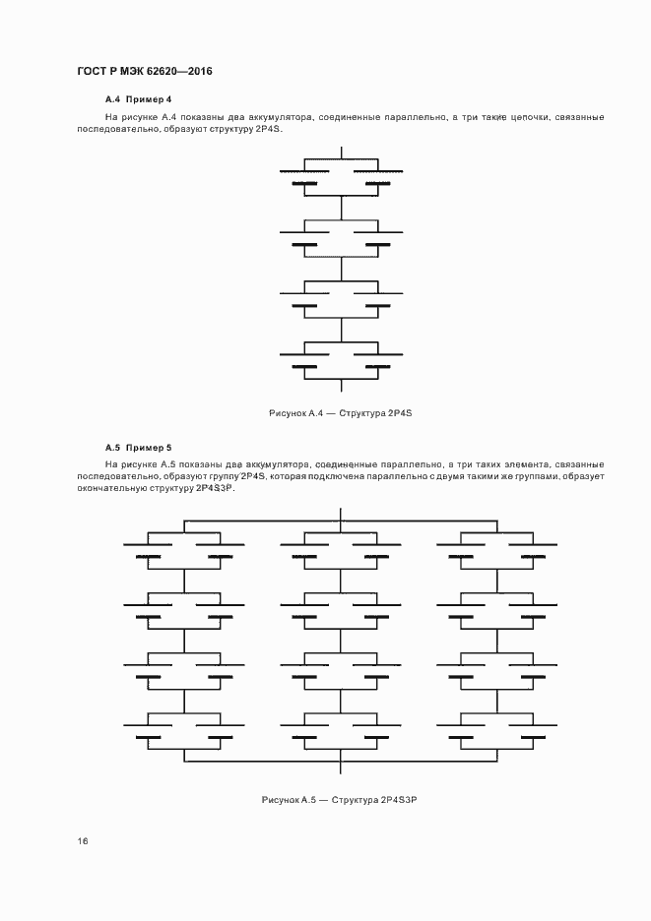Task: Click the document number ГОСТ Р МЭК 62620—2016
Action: [x=145, y=72]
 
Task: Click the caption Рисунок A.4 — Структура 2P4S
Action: [x=340, y=413]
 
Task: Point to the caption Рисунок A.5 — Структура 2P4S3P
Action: [x=341, y=800]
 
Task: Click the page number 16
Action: [x=84, y=841]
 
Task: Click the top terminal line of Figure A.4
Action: [x=341, y=152]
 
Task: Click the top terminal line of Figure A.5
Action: [x=341, y=514]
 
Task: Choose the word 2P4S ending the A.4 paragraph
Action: [x=267, y=130]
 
